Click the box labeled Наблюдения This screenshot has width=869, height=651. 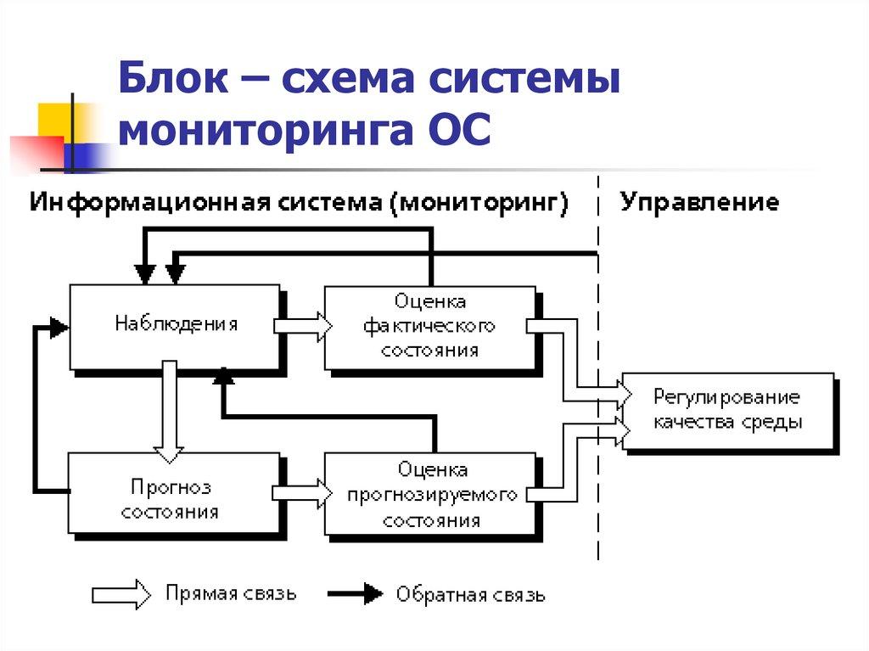(174, 326)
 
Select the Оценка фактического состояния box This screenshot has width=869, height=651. (429, 326)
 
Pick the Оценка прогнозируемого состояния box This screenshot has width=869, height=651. (431, 495)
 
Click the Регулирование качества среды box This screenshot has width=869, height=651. (727, 410)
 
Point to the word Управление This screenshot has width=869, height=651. (699, 202)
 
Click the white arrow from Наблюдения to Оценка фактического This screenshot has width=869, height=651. (302, 326)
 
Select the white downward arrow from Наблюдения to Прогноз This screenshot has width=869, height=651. (169, 407)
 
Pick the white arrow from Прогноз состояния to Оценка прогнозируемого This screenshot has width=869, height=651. (302, 492)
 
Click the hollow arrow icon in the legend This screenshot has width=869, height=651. (120, 593)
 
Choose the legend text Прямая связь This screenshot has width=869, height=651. (231, 592)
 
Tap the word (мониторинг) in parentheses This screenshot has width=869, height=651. (480, 202)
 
